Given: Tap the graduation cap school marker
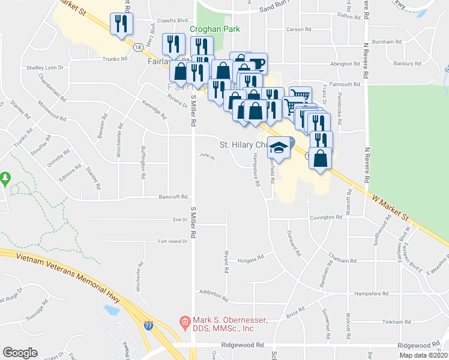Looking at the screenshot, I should pyautogui.click(x=279, y=146).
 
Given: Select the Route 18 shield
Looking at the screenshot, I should pyautogui.click(x=138, y=47).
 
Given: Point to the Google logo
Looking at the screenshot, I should pyautogui.click(x=20, y=353).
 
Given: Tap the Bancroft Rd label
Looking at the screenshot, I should pyautogui.click(x=173, y=196).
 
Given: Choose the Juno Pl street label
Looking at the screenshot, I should pyautogui.click(x=206, y=158).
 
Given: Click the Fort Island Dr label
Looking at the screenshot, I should pyautogui.click(x=173, y=242).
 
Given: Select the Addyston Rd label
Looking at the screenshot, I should pyautogui.click(x=214, y=296).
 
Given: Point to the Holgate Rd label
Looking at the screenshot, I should pyautogui.click(x=250, y=259).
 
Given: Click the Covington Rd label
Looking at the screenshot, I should pyautogui.click(x=330, y=218).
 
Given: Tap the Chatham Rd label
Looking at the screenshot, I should pyautogui.click(x=342, y=261).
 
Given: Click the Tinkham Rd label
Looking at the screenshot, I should pyautogui.click(x=396, y=322).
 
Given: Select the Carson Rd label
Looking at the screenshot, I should pyautogui.click(x=298, y=29).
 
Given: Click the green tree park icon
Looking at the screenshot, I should pyautogui.click(x=5, y=178).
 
